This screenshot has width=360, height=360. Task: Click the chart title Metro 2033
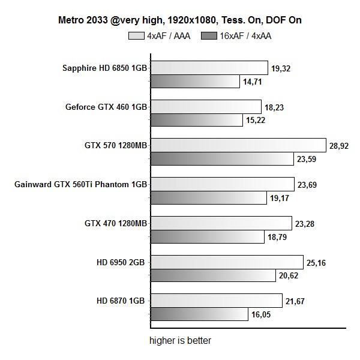180,20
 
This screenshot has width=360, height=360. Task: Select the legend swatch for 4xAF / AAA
137,35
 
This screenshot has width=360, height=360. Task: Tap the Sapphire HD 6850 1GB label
105,68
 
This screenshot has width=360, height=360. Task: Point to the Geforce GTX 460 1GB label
106,107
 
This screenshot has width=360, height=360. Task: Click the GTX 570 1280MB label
116,145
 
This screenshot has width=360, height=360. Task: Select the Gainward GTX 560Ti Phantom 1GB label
80,184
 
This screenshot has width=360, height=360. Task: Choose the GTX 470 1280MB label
116,223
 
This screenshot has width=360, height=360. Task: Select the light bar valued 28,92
237,145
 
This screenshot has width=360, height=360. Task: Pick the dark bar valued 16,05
199,314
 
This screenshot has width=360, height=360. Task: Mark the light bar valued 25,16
226,262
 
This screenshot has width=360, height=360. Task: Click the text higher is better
181,341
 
